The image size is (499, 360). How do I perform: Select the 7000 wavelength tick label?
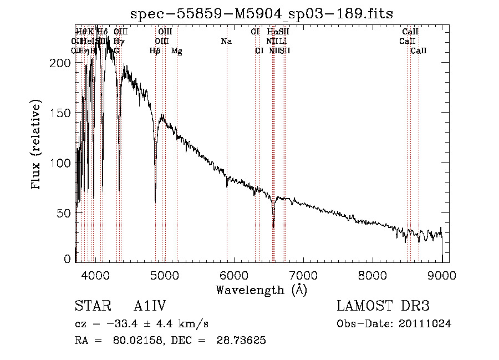tap(303, 275)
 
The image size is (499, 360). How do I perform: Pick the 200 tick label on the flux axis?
tap(62, 63)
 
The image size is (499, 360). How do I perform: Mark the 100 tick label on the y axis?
tap(62, 163)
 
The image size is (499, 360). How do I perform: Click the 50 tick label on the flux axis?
tap(65, 213)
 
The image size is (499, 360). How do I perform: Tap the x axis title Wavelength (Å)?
tap(261, 290)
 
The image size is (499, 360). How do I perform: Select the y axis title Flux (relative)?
tap(37, 145)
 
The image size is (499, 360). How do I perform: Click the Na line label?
tap(226, 42)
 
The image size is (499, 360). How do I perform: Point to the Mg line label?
tap(176, 51)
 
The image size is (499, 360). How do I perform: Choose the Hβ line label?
tap(155, 51)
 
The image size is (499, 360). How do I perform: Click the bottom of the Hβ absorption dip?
tap(155, 201)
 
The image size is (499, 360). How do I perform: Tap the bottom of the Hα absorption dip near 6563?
tap(273, 227)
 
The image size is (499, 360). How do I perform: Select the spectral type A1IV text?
tap(150, 307)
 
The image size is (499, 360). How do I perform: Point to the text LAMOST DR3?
tap(383, 307)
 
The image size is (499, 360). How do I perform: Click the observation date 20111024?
tap(425, 324)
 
